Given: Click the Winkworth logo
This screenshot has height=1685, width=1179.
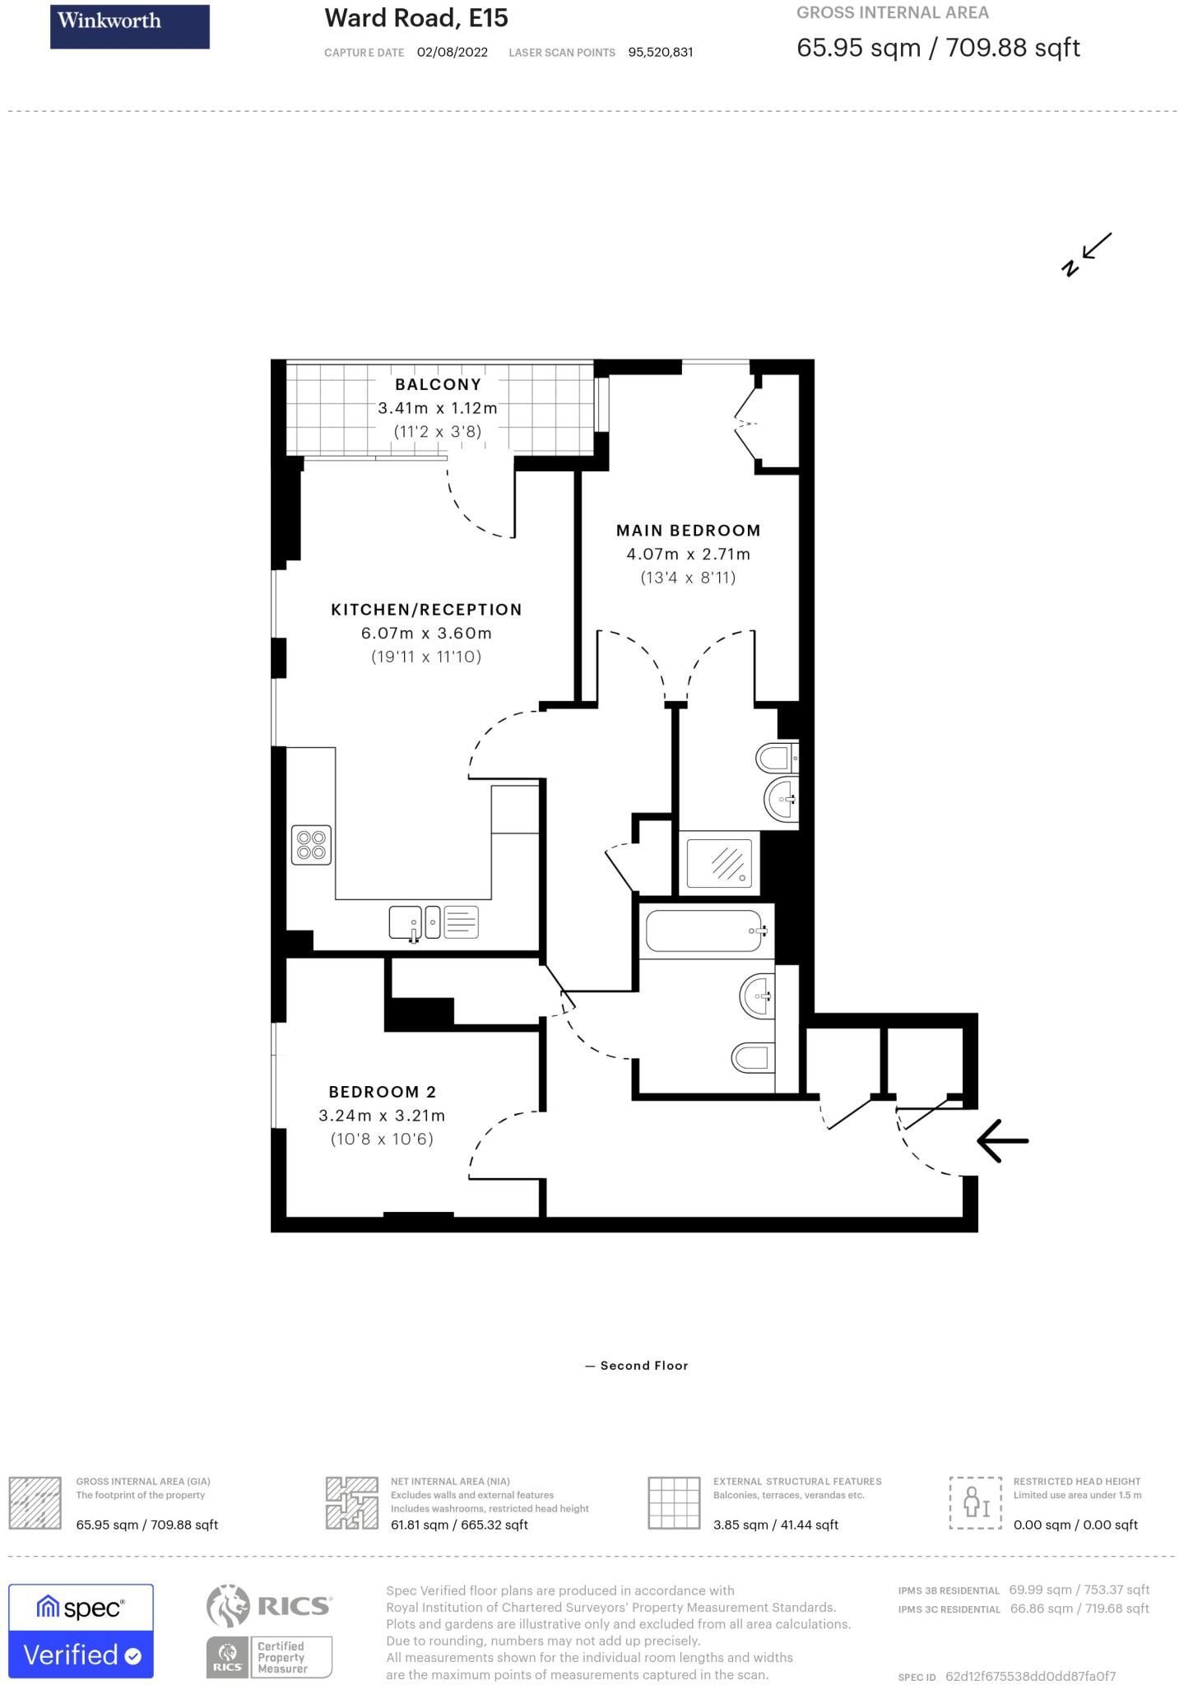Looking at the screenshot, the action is point(130,26).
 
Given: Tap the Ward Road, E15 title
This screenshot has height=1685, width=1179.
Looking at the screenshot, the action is point(416,17).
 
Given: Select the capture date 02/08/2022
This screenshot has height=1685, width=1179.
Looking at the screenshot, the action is point(453,52).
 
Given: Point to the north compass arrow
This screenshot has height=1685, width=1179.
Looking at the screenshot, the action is point(1086,254).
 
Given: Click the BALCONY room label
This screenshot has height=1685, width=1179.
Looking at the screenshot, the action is point(438,384).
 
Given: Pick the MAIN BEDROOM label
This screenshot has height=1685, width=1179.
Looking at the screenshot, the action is point(688,531).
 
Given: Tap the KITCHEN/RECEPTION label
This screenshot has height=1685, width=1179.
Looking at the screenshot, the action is point(426,610).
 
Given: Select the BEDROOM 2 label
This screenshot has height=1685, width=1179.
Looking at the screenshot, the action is point(382,1092).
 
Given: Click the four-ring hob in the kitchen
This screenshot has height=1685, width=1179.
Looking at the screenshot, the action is point(312,845).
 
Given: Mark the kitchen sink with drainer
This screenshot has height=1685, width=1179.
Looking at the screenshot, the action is point(434,922).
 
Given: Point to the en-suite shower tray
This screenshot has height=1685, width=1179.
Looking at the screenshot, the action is point(719,863).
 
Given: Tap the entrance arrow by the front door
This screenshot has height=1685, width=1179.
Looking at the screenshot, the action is point(1002,1140).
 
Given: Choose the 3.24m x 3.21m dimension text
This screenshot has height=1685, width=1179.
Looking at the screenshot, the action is point(382,1116).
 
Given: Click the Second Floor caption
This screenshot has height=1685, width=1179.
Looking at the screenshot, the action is point(637,1365).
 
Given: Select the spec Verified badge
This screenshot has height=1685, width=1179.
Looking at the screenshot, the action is point(81,1631).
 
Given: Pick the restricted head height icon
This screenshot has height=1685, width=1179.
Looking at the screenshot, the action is point(976,1502).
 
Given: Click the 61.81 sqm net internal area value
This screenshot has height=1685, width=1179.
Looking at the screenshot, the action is point(459,1525).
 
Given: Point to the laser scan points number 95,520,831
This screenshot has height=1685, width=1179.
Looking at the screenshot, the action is point(661,52).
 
